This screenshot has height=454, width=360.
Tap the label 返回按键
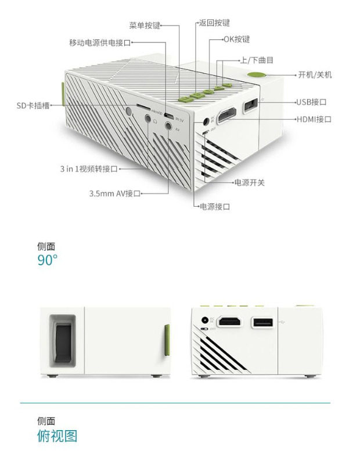214,23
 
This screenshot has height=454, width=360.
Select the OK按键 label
237,39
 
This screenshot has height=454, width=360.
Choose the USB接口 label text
311,102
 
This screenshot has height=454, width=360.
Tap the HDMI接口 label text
314,119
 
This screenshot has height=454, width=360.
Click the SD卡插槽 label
33,106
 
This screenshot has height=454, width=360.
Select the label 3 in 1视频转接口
88,168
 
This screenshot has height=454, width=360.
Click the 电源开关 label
249,182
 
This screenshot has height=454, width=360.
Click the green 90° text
48,260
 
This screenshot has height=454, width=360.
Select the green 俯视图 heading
57,435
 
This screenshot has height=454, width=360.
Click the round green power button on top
255,74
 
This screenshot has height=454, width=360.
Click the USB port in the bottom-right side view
261,323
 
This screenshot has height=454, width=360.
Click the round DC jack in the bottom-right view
204,320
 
